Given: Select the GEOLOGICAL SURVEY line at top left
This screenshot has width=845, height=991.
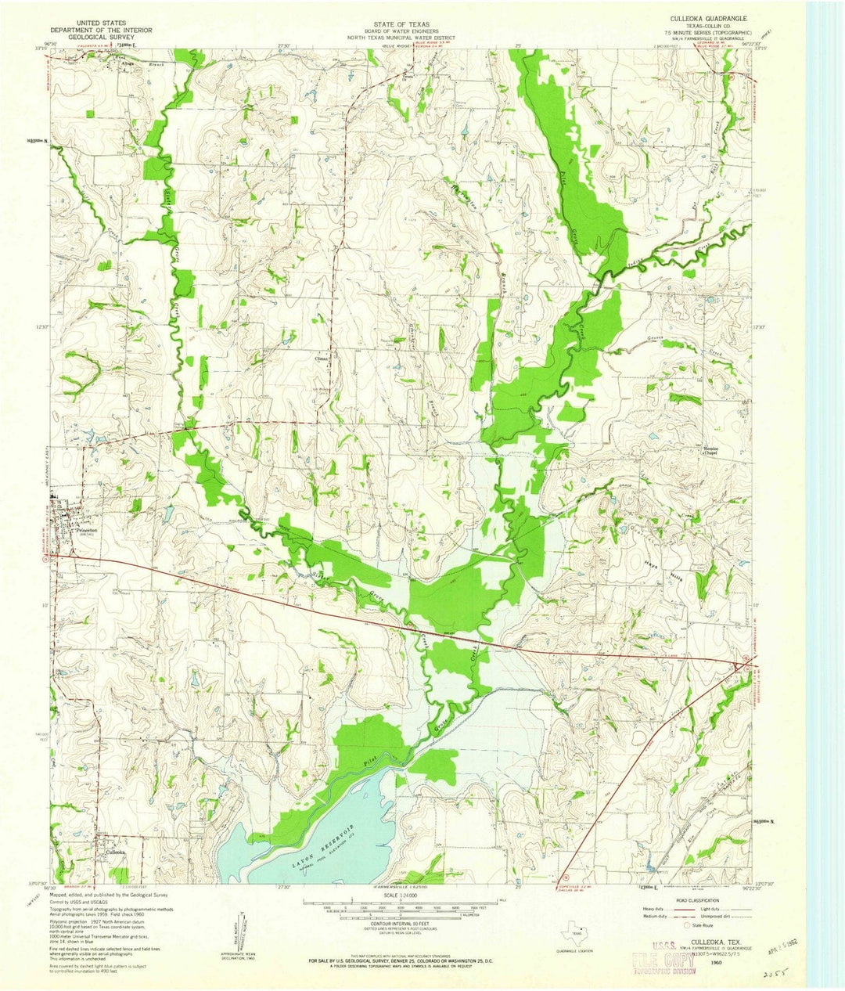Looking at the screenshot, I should [109, 37].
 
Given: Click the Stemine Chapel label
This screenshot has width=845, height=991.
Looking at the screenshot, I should [710, 450].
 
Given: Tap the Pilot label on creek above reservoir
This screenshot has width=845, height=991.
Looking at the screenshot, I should [368, 759].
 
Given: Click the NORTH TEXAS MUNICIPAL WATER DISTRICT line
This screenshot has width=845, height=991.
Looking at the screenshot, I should [394, 36].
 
